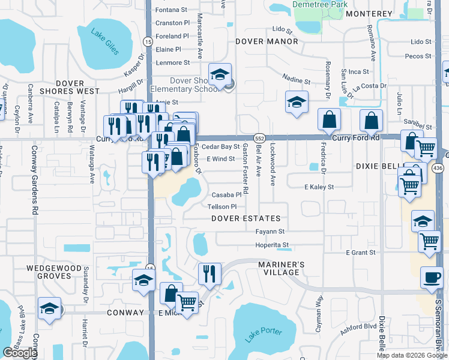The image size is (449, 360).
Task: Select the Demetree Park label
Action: [320, 4]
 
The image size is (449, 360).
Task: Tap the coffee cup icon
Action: [431, 277]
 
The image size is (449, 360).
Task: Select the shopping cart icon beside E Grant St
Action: [430, 241]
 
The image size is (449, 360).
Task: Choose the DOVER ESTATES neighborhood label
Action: [246, 218]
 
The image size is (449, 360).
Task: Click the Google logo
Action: [20, 353]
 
